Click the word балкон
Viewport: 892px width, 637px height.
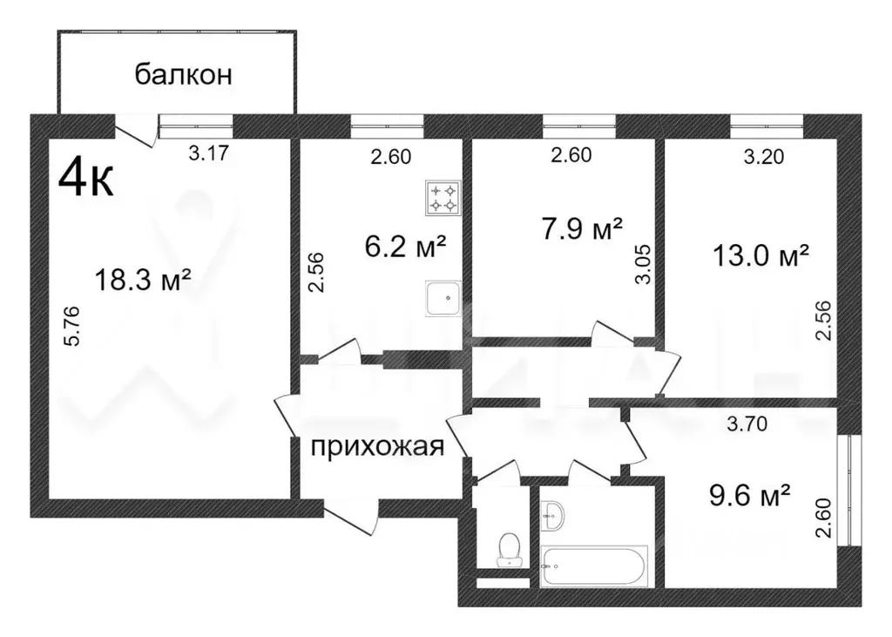(x=183, y=75)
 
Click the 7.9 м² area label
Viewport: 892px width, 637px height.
(x=583, y=229)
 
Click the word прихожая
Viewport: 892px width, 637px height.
(x=378, y=446)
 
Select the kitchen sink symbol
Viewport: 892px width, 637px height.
(x=443, y=299)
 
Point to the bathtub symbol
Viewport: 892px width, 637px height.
(x=596, y=567)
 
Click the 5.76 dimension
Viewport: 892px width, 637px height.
(x=74, y=325)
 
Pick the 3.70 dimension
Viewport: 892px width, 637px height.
(x=747, y=425)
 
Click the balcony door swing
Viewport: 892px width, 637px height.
(x=138, y=132)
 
